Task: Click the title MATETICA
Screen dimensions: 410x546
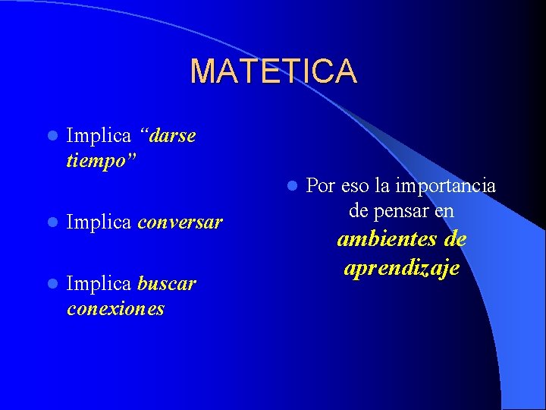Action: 273,71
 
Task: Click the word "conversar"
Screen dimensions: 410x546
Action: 180,222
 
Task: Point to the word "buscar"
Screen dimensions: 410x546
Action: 167,284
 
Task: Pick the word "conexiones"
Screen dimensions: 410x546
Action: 115,309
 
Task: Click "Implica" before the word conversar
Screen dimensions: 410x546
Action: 99,222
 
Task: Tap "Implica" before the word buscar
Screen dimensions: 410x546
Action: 99,284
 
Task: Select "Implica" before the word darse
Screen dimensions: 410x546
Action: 99,136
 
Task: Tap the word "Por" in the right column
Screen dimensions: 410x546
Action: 321,186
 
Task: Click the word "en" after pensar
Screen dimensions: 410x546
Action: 444,210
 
